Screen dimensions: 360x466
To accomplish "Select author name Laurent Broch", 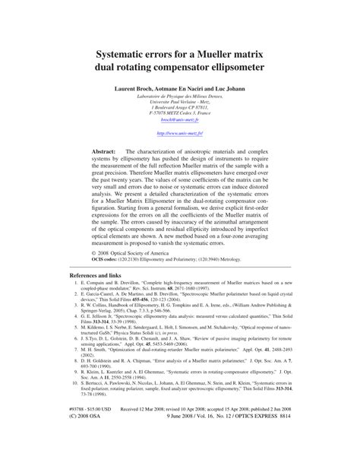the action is tap(138, 89).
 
